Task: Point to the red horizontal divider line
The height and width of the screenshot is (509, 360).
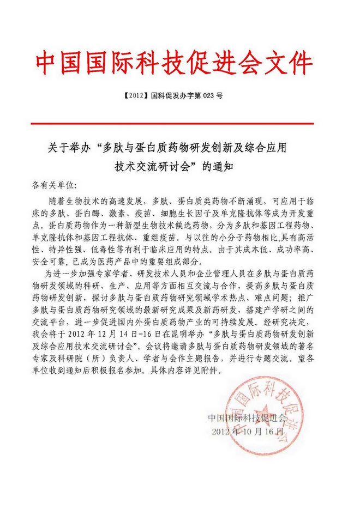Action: point(180,124)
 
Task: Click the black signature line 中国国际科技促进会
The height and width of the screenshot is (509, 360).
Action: point(247,417)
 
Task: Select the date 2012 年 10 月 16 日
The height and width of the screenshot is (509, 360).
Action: point(247,431)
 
